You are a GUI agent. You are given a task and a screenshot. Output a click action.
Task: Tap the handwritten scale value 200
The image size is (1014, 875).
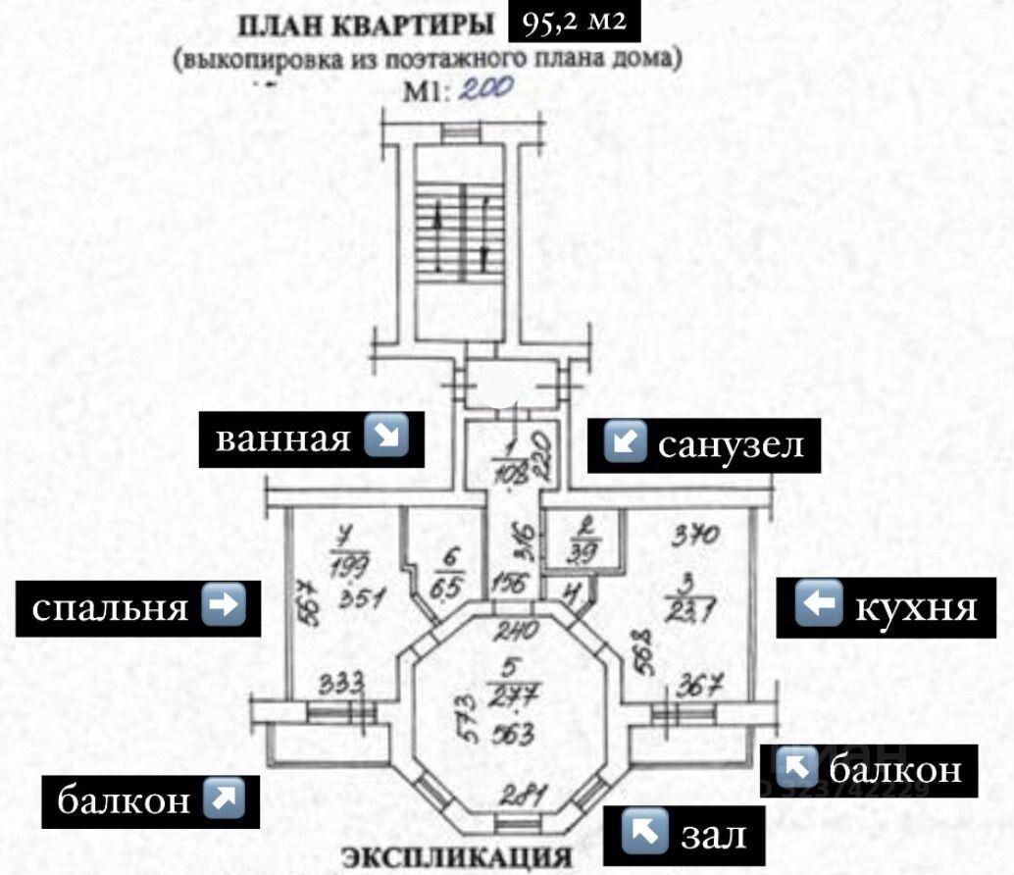click(x=486, y=89)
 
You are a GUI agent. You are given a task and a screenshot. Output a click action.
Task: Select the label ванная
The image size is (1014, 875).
click(x=282, y=438)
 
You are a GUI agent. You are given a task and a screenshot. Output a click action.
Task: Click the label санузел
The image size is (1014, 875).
click(x=731, y=444)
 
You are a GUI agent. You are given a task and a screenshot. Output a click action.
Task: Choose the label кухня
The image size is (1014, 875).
click(x=916, y=607)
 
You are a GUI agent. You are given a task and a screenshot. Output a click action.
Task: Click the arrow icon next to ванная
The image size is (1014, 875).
click(x=386, y=438)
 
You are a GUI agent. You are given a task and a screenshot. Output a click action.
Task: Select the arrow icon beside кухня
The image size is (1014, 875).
click(x=815, y=607)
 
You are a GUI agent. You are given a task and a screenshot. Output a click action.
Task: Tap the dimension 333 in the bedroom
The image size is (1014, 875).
click(x=344, y=680)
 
